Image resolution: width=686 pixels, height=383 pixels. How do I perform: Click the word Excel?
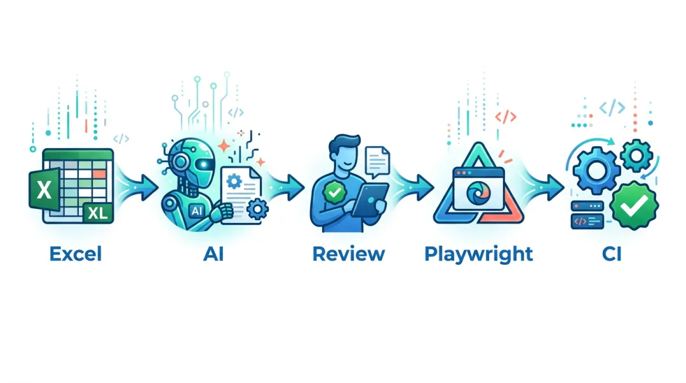pyautogui.click(x=75, y=255)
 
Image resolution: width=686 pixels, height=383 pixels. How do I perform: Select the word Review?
pyautogui.click(x=348, y=255)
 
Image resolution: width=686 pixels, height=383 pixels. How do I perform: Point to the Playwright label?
pyautogui.click(x=478, y=255)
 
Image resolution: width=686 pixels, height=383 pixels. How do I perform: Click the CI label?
pyautogui.click(x=612, y=255)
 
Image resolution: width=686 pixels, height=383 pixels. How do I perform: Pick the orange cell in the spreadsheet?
pyautogui.click(x=98, y=173)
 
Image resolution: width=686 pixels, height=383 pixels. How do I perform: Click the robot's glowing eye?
pyautogui.click(x=205, y=163)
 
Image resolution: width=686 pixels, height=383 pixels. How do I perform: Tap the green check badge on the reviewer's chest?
pyautogui.click(x=332, y=190)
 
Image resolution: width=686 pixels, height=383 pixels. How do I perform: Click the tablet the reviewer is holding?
pyautogui.click(x=368, y=199)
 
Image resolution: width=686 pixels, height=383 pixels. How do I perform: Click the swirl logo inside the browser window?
pyautogui.click(x=475, y=192)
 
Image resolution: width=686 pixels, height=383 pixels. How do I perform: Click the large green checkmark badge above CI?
pyautogui.click(x=635, y=205)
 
